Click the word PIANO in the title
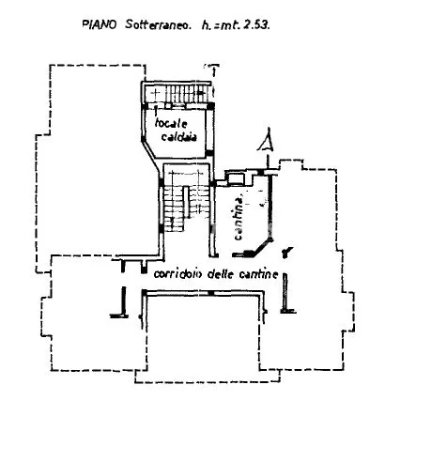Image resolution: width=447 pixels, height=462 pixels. [x=100, y=24]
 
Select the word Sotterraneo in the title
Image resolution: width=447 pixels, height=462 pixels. [x=158, y=24]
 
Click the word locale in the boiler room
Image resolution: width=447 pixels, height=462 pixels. [x=171, y=123]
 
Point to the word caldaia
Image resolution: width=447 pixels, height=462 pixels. [x=178, y=137]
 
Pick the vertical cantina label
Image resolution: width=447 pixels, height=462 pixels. [x=239, y=217]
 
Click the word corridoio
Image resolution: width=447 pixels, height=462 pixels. [x=178, y=274]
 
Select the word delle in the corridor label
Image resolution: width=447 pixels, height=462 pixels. [x=221, y=274]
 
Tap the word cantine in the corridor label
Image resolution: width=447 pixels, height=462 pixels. [x=258, y=274]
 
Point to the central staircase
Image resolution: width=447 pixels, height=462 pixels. [x=185, y=200]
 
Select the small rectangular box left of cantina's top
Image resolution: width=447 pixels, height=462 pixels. [x=237, y=178]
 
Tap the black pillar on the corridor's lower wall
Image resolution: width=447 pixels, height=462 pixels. [x=211, y=293]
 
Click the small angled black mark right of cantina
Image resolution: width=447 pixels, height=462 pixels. [x=286, y=252]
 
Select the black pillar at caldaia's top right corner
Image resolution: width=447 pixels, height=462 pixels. [x=211, y=106]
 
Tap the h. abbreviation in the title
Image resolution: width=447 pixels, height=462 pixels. [x=207, y=25]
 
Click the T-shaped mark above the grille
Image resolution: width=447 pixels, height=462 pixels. [x=213, y=69]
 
